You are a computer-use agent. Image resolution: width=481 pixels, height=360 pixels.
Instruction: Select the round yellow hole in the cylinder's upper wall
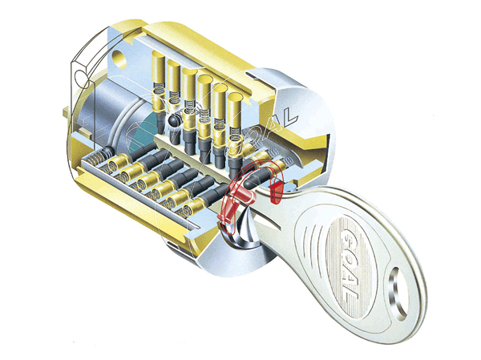click(119, 59)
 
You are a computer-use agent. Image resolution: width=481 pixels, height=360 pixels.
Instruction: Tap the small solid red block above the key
click(276, 192)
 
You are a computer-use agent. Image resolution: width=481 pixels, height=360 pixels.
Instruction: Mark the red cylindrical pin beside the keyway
click(243, 195)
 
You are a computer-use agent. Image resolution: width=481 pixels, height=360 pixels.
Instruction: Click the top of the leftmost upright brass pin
click(159, 56)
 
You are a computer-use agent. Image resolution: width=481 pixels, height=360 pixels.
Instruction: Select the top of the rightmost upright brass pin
click(235, 98)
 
